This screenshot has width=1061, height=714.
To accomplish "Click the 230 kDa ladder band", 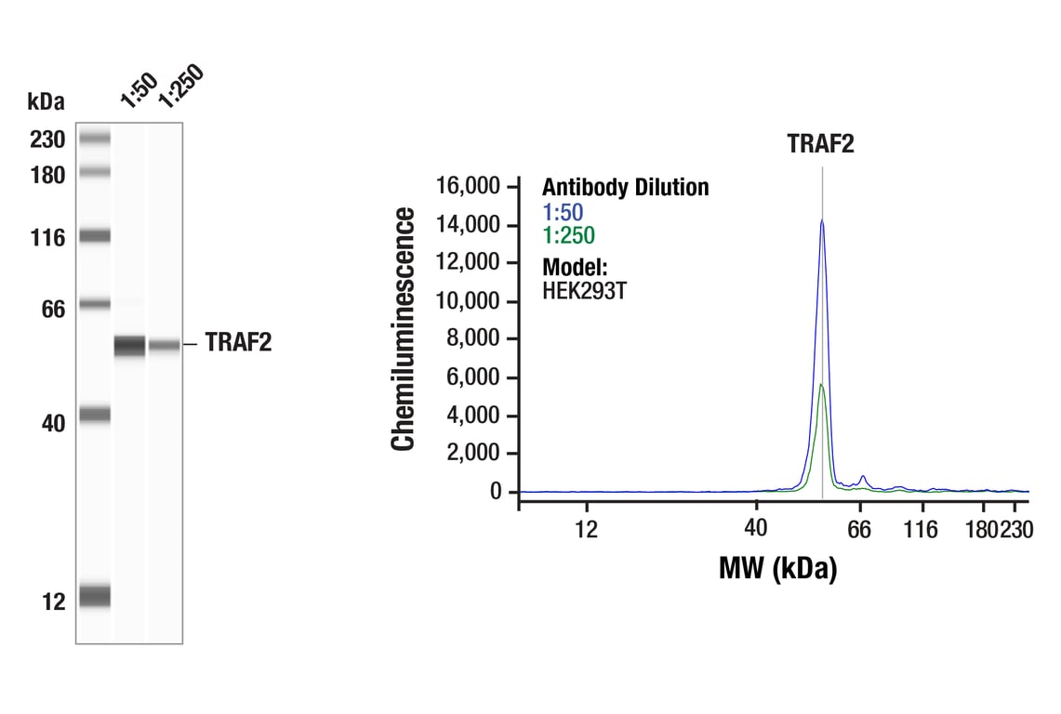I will click(95, 139).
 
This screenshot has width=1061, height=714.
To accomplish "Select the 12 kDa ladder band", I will click(95, 596).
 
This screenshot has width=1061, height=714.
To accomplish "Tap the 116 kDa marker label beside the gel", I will click(46, 238).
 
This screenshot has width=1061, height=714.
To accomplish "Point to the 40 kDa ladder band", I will click(95, 415).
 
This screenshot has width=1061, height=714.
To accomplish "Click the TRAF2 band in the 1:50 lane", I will click(130, 346).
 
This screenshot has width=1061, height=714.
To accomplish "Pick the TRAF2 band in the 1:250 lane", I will click(165, 346).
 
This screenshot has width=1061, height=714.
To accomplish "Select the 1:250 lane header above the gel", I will click(178, 86).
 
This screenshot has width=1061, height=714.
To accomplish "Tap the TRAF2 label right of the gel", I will click(238, 344).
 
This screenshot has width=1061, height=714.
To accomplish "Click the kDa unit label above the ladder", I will click(46, 100).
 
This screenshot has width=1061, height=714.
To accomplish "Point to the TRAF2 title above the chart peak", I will click(820, 144).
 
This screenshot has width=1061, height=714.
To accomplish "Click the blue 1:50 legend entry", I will click(563, 212).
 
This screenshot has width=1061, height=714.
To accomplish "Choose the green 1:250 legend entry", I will click(568, 235).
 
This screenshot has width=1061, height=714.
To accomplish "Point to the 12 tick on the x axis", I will click(586, 531).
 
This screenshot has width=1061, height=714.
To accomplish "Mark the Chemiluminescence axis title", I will click(404, 330).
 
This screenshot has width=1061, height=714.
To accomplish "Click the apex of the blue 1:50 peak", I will click(822, 220).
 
